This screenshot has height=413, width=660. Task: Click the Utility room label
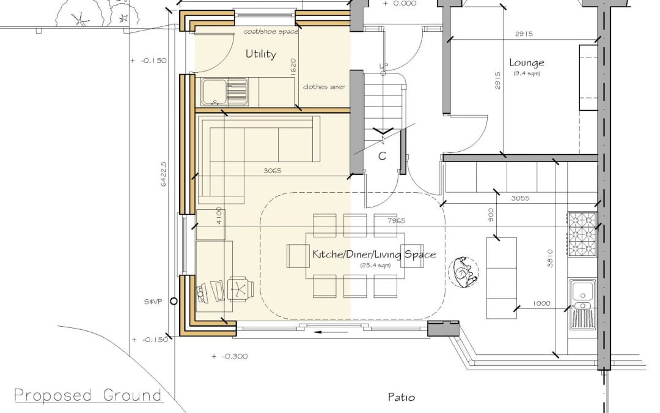261,54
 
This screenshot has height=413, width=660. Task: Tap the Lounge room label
527,63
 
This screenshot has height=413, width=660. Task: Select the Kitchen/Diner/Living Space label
374,254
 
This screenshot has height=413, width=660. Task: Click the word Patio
402,397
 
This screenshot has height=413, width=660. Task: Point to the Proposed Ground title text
88,395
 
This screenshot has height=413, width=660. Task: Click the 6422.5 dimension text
164,174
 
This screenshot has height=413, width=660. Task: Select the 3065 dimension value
273,171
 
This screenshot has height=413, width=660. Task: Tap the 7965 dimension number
396,220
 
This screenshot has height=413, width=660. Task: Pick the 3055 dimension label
520,198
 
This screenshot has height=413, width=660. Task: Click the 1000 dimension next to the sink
541,303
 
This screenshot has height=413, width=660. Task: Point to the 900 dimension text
491,215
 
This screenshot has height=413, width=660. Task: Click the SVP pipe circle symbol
174,301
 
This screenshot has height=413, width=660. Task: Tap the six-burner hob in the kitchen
582,234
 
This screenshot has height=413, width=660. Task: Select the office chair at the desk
241,289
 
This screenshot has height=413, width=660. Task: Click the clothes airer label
324,87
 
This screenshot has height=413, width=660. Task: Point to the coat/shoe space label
271,32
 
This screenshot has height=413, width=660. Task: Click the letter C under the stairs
382,157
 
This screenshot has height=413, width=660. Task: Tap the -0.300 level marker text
229,357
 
